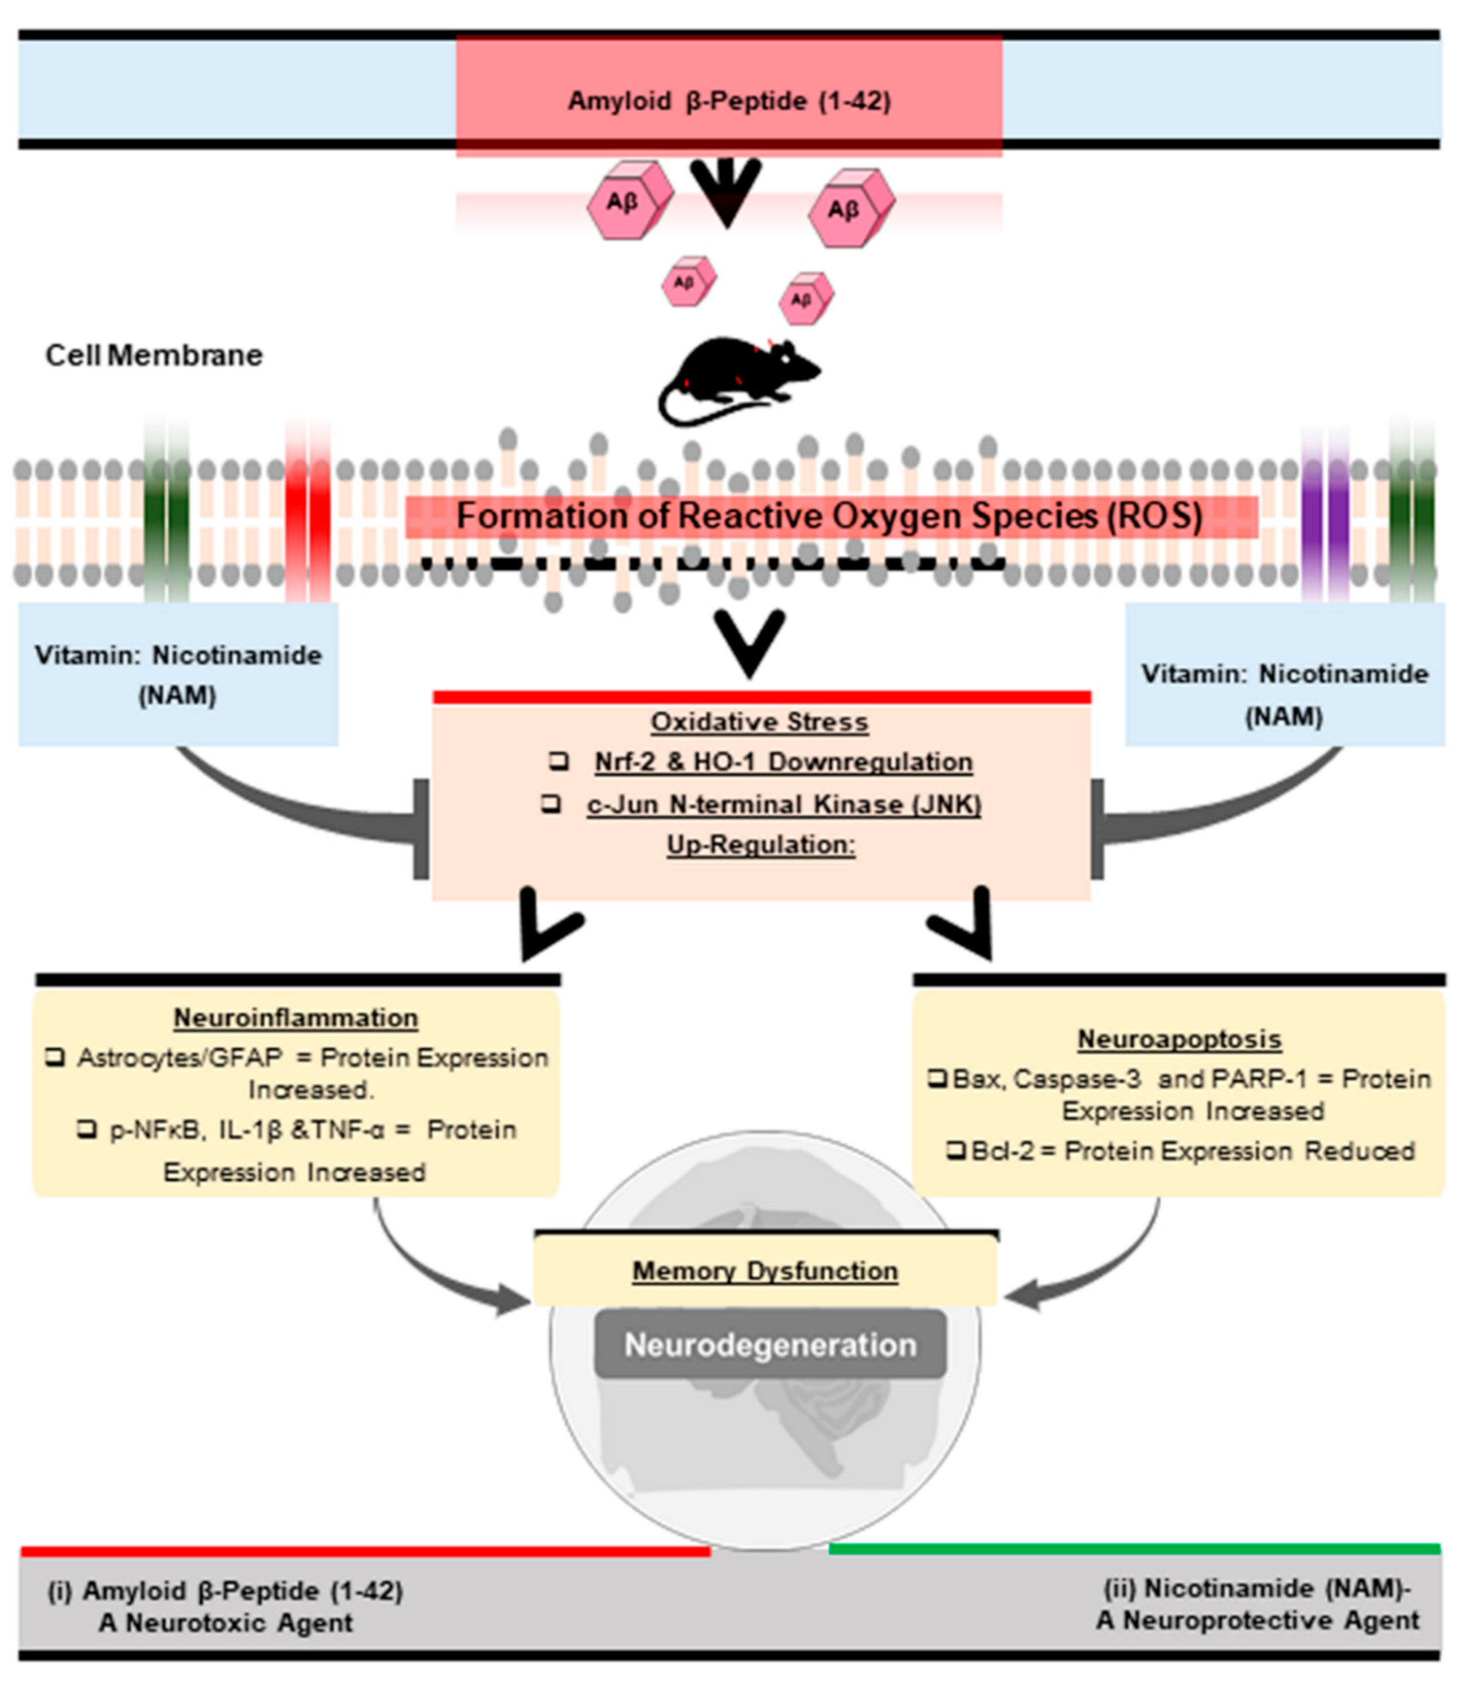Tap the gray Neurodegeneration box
770,1345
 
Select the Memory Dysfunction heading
764,1271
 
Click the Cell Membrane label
154,355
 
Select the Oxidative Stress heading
759,722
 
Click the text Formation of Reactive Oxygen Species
829,516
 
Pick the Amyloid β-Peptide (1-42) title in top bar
729,101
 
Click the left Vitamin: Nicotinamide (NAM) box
178,675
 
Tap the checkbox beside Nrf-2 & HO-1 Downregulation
559,761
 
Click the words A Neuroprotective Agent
1258,1621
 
